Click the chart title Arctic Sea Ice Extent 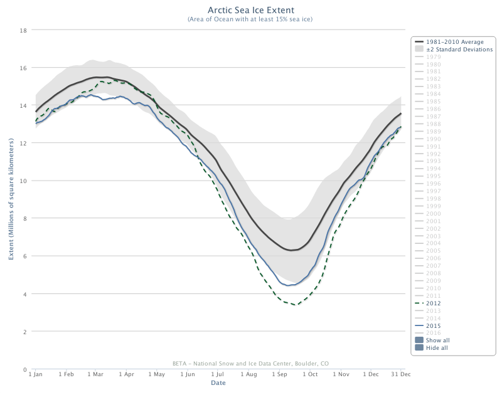pos(250,10)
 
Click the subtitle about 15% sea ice pos(250,19)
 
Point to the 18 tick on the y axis pos(23,30)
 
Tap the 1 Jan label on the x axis pos(36,374)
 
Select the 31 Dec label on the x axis pos(400,374)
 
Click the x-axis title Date pos(218,382)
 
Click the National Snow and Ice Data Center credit pos(250,363)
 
